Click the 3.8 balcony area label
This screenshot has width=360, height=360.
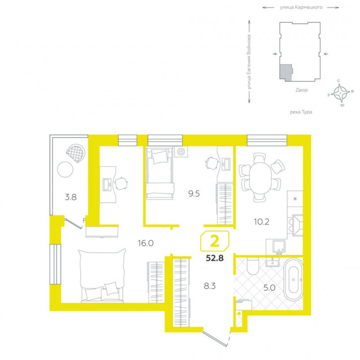click(x=71, y=197)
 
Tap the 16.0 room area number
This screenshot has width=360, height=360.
click(x=145, y=243)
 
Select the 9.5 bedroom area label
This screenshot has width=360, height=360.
click(x=194, y=194)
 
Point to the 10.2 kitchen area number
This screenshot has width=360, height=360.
click(x=262, y=221)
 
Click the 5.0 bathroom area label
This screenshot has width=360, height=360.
click(x=269, y=288)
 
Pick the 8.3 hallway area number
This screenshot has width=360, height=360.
click(x=210, y=286)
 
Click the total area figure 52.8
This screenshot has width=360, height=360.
click(x=215, y=258)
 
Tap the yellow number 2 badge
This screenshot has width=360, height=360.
click(x=215, y=241)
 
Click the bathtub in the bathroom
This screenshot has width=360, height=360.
click(x=293, y=280)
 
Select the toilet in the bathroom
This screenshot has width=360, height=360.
click(x=253, y=266)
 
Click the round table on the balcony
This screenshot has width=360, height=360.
click(x=65, y=169)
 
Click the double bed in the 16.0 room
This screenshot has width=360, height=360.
click(x=102, y=276)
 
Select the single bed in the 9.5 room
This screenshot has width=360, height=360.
click(x=159, y=174)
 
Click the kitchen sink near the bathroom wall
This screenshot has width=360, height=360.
click(x=279, y=247)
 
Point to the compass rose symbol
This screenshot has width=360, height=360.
click(x=340, y=93)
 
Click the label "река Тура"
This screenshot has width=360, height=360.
click(x=301, y=112)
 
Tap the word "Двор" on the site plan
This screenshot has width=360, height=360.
click(x=301, y=90)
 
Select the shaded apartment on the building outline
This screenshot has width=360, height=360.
click(x=286, y=72)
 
